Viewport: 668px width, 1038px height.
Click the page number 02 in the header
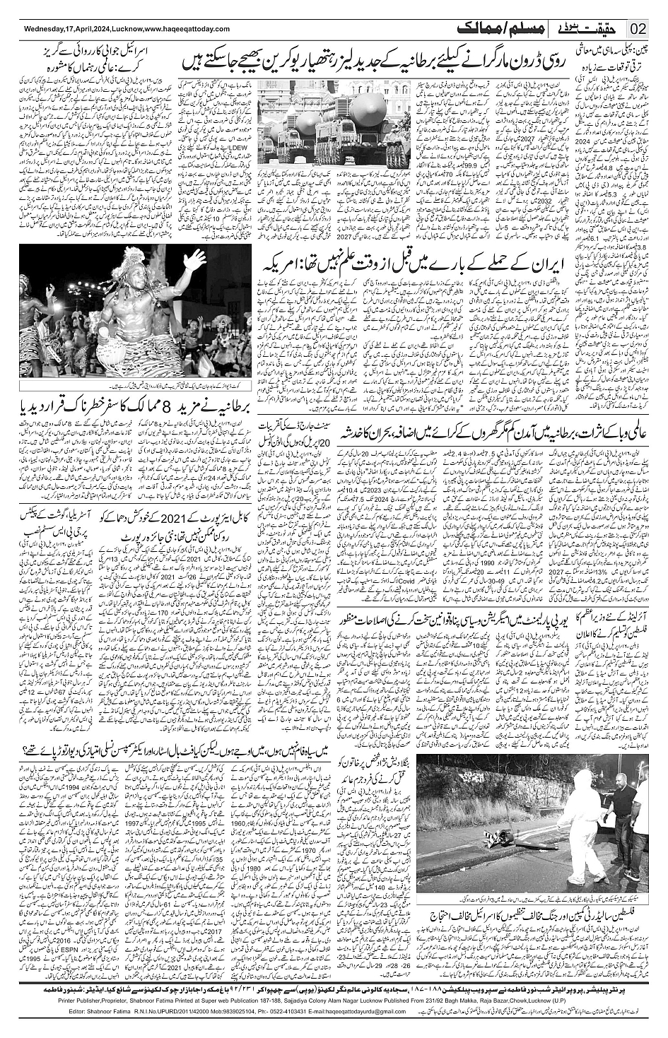[x=638, y=29]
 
